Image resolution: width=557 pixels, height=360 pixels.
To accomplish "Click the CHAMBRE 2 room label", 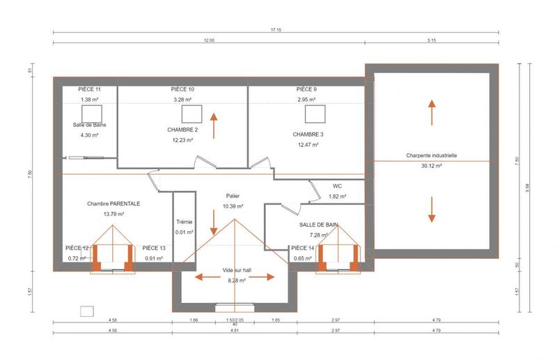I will click(x=182, y=130).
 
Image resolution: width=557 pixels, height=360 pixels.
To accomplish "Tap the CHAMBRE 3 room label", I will click(x=308, y=134).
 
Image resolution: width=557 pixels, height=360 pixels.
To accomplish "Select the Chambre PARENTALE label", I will click(x=113, y=204).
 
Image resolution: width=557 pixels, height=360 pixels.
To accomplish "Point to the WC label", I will click(x=337, y=187).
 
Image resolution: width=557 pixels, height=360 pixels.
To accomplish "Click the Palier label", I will click(x=233, y=196).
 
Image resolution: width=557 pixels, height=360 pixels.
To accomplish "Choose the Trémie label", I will click(x=185, y=222).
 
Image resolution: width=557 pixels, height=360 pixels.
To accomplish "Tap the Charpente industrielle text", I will click(x=432, y=156).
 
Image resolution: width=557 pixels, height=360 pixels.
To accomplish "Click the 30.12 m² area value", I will click(x=432, y=166).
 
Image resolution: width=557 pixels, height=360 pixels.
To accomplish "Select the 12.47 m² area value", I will click(x=308, y=145).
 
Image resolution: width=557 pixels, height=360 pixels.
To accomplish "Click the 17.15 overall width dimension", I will click(x=276, y=31).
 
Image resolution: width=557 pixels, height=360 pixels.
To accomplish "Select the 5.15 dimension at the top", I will click(x=431, y=40).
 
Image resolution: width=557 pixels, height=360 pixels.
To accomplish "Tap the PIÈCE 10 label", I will click(x=182, y=90).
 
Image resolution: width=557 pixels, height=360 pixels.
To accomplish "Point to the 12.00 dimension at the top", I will click(x=209, y=40).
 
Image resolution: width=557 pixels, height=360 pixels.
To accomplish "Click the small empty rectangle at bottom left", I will click(x=87, y=311).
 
